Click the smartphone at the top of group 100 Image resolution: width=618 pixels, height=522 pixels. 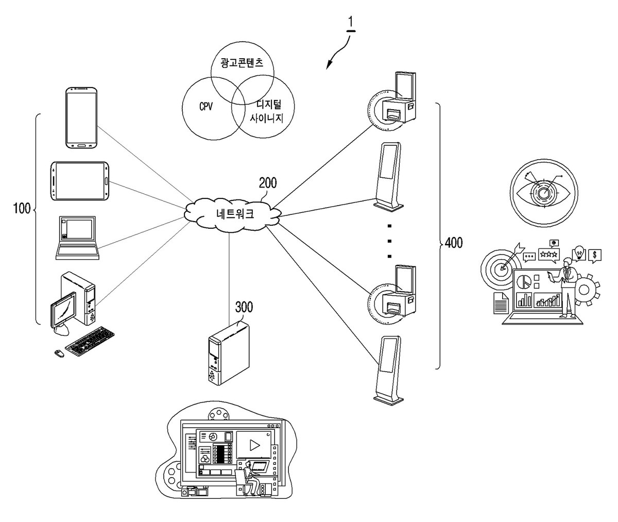click(x=81, y=117)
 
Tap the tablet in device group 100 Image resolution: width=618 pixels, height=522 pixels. click(x=80, y=181)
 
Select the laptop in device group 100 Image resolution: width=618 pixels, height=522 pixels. click(x=78, y=238)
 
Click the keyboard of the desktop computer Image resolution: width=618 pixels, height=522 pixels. click(x=90, y=341)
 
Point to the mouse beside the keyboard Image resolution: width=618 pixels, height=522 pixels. click(x=59, y=353)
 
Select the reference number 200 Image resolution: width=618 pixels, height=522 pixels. click(x=268, y=183)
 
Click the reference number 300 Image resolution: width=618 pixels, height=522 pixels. click(x=244, y=307)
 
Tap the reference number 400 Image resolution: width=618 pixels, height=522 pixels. click(x=454, y=243)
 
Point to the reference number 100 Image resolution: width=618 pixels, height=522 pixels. click(x=22, y=209)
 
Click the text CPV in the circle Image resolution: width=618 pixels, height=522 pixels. click(x=205, y=106)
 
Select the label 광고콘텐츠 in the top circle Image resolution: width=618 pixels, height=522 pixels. click(x=242, y=63)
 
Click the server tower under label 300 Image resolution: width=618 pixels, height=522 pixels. click(x=229, y=353)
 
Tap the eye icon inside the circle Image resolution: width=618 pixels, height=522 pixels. click(x=544, y=193)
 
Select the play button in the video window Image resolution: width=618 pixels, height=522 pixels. click(x=254, y=445)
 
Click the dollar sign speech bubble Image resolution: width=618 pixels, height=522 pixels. click(x=594, y=256)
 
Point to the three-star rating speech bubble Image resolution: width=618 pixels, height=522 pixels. click(x=548, y=255)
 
